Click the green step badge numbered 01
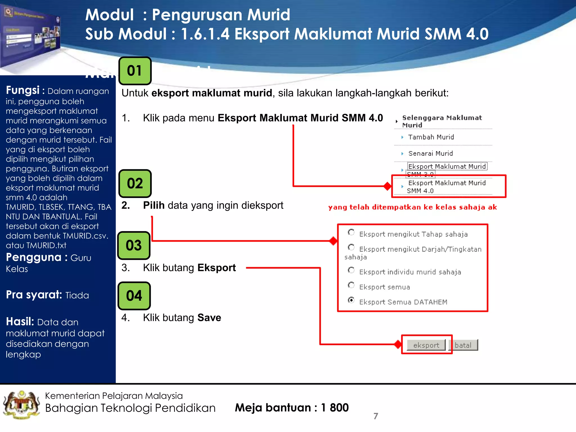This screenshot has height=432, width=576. click(135, 71)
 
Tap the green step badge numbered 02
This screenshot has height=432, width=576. click(135, 183)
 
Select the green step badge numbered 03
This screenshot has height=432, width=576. click(134, 245)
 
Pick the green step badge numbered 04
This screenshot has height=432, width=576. click(134, 296)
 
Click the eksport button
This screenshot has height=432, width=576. click(426, 345)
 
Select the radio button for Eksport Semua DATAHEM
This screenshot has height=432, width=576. click(351, 300)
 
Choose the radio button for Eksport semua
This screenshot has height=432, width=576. click(351, 285)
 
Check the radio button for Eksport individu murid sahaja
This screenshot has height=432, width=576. click(351, 270)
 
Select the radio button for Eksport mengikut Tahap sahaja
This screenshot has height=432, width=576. click(351, 232)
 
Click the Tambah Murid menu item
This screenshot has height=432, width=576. click(431, 137)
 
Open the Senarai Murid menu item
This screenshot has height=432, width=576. click(430, 154)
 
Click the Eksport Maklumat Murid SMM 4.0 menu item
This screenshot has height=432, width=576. click(447, 186)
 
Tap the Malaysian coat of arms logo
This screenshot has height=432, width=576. click(21, 405)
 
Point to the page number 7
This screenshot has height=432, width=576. click(376, 416)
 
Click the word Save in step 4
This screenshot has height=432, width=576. click(209, 318)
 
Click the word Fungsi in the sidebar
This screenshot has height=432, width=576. click(23, 91)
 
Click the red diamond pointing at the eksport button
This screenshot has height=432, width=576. click(398, 344)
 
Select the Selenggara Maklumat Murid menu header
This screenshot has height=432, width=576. click(442, 121)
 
